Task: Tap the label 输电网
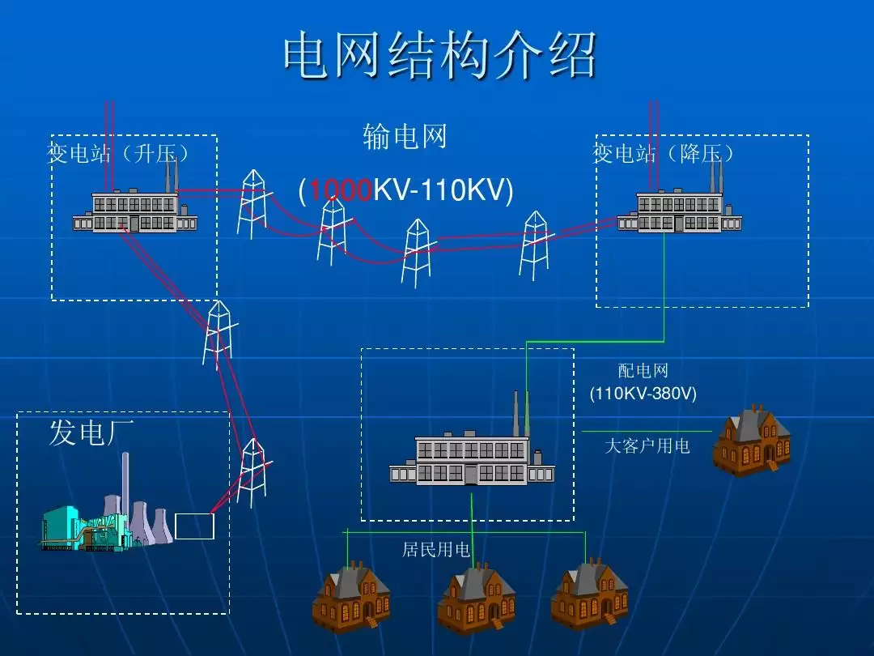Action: pyautogui.click(x=405, y=137)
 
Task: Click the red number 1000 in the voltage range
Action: pyautogui.click(x=340, y=191)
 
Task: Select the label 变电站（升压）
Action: pyautogui.click(x=120, y=154)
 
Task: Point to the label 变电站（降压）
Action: pyautogui.click(x=664, y=154)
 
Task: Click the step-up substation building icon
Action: pyautogui.click(x=135, y=210)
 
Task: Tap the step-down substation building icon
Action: pyautogui.click(x=680, y=210)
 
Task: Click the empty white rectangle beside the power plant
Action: pyautogui.click(x=194, y=526)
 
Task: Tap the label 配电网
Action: pyautogui.click(x=643, y=371)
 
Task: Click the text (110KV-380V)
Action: pyautogui.click(x=643, y=394)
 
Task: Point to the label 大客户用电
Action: pyautogui.click(x=647, y=445)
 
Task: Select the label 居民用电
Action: pyautogui.click(x=436, y=550)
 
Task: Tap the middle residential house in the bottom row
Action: pyautogui.click(x=476, y=599)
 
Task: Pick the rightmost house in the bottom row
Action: pyautogui.click(x=589, y=595)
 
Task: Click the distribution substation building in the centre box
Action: pyautogui.click(x=471, y=458)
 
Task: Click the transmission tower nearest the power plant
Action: pyautogui.click(x=253, y=470)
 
